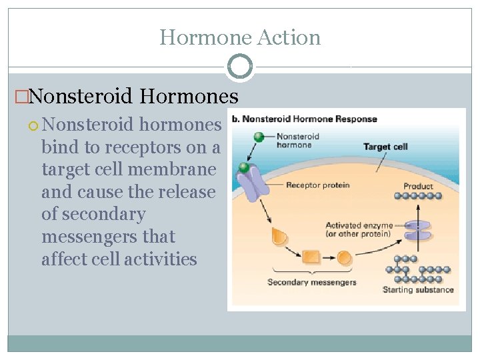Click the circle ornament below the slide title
point(240,67)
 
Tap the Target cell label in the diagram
point(385,146)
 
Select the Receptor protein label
point(318,185)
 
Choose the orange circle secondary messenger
point(345,257)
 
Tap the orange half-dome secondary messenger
point(279,235)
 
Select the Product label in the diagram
point(418,186)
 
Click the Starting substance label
point(418,289)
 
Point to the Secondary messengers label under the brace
point(312,282)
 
